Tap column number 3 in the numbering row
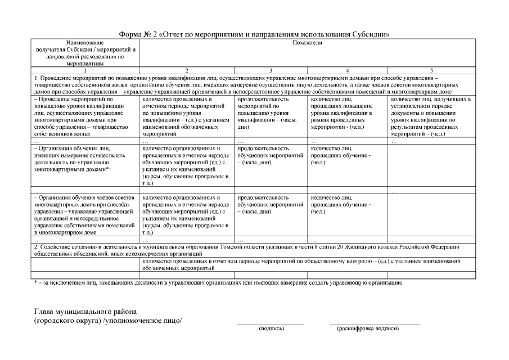click(271, 70)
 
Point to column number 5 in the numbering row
click(431, 70)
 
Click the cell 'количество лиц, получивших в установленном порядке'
click(431, 117)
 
